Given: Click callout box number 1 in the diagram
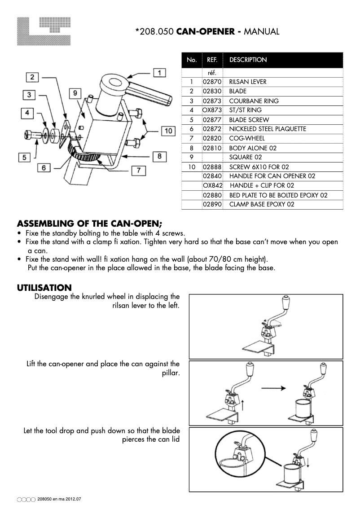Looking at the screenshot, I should pyautogui.click(x=159, y=72).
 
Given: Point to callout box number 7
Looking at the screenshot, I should pyautogui.click(x=139, y=171).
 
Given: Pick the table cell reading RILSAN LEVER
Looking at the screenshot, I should pyautogui.click(x=248, y=82).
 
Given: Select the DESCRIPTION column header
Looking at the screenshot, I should pyautogui.click(x=248, y=60).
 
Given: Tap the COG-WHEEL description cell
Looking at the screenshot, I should pyautogui.click(x=247, y=138).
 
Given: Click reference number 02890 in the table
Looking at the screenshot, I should pyautogui.click(x=212, y=204).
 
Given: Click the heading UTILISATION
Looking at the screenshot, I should pyautogui.click(x=44, y=287).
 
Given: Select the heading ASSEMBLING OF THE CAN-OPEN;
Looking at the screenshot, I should pyautogui.click(x=90, y=224).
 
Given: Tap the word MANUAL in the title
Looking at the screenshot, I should pyautogui.click(x=263, y=31).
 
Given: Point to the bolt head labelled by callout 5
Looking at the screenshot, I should pyautogui.click(x=29, y=134).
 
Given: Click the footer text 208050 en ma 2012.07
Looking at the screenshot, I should pyautogui.click(x=62, y=499).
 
